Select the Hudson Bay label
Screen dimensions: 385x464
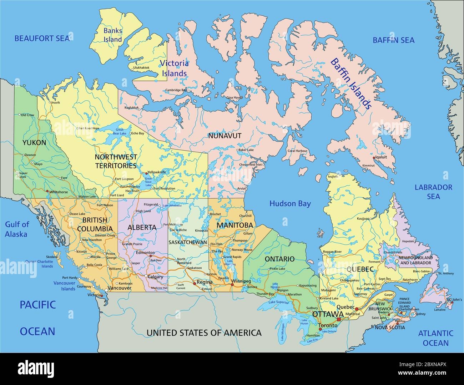[x=290, y=204]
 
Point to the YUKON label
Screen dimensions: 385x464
[x=34, y=143]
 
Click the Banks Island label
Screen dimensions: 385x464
[x=112, y=35]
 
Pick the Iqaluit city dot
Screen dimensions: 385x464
[x=374, y=157]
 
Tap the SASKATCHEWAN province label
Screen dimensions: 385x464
[x=188, y=242]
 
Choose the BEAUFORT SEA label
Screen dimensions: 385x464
[x=42, y=38]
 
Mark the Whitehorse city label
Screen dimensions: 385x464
[x=59, y=192]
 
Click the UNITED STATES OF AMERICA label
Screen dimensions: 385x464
[x=204, y=333]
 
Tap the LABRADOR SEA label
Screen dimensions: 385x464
[x=433, y=192]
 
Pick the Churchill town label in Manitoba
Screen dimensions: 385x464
[x=246, y=216]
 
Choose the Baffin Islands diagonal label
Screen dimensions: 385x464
[x=351, y=83]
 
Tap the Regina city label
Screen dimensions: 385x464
[x=205, y=282]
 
